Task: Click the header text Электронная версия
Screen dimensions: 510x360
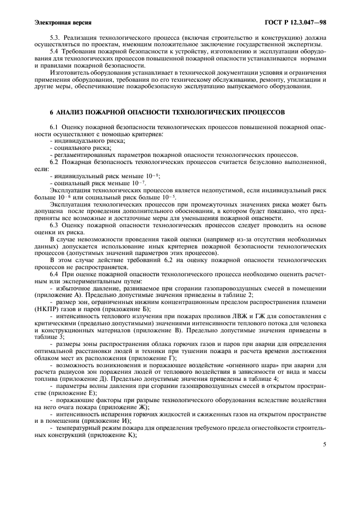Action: (x=63, y=22)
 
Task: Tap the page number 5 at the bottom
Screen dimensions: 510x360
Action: (x=324, y=444)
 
